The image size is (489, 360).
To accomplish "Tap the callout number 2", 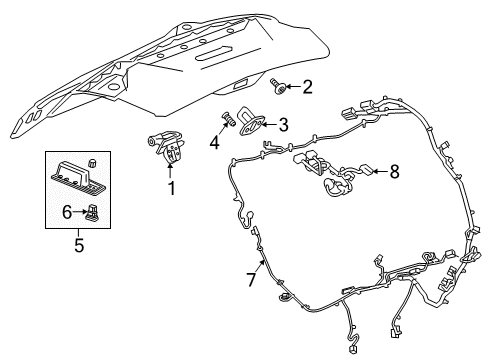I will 307,87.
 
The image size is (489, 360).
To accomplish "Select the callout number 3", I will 284,125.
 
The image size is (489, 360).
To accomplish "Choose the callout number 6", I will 66,211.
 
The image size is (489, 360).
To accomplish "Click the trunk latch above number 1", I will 168,148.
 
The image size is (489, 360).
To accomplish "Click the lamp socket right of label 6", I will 93,210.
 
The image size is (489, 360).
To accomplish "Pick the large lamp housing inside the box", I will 76,177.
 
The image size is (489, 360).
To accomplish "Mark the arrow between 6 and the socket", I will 79,211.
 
